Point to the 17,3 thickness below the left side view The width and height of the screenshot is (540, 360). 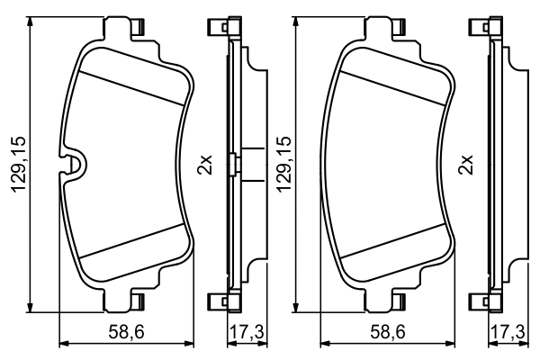pos(246,333)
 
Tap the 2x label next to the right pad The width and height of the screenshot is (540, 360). pos(467,166)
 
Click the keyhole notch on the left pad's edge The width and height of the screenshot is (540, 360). pos(75,165)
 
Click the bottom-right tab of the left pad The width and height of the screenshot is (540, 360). pos(139,301)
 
